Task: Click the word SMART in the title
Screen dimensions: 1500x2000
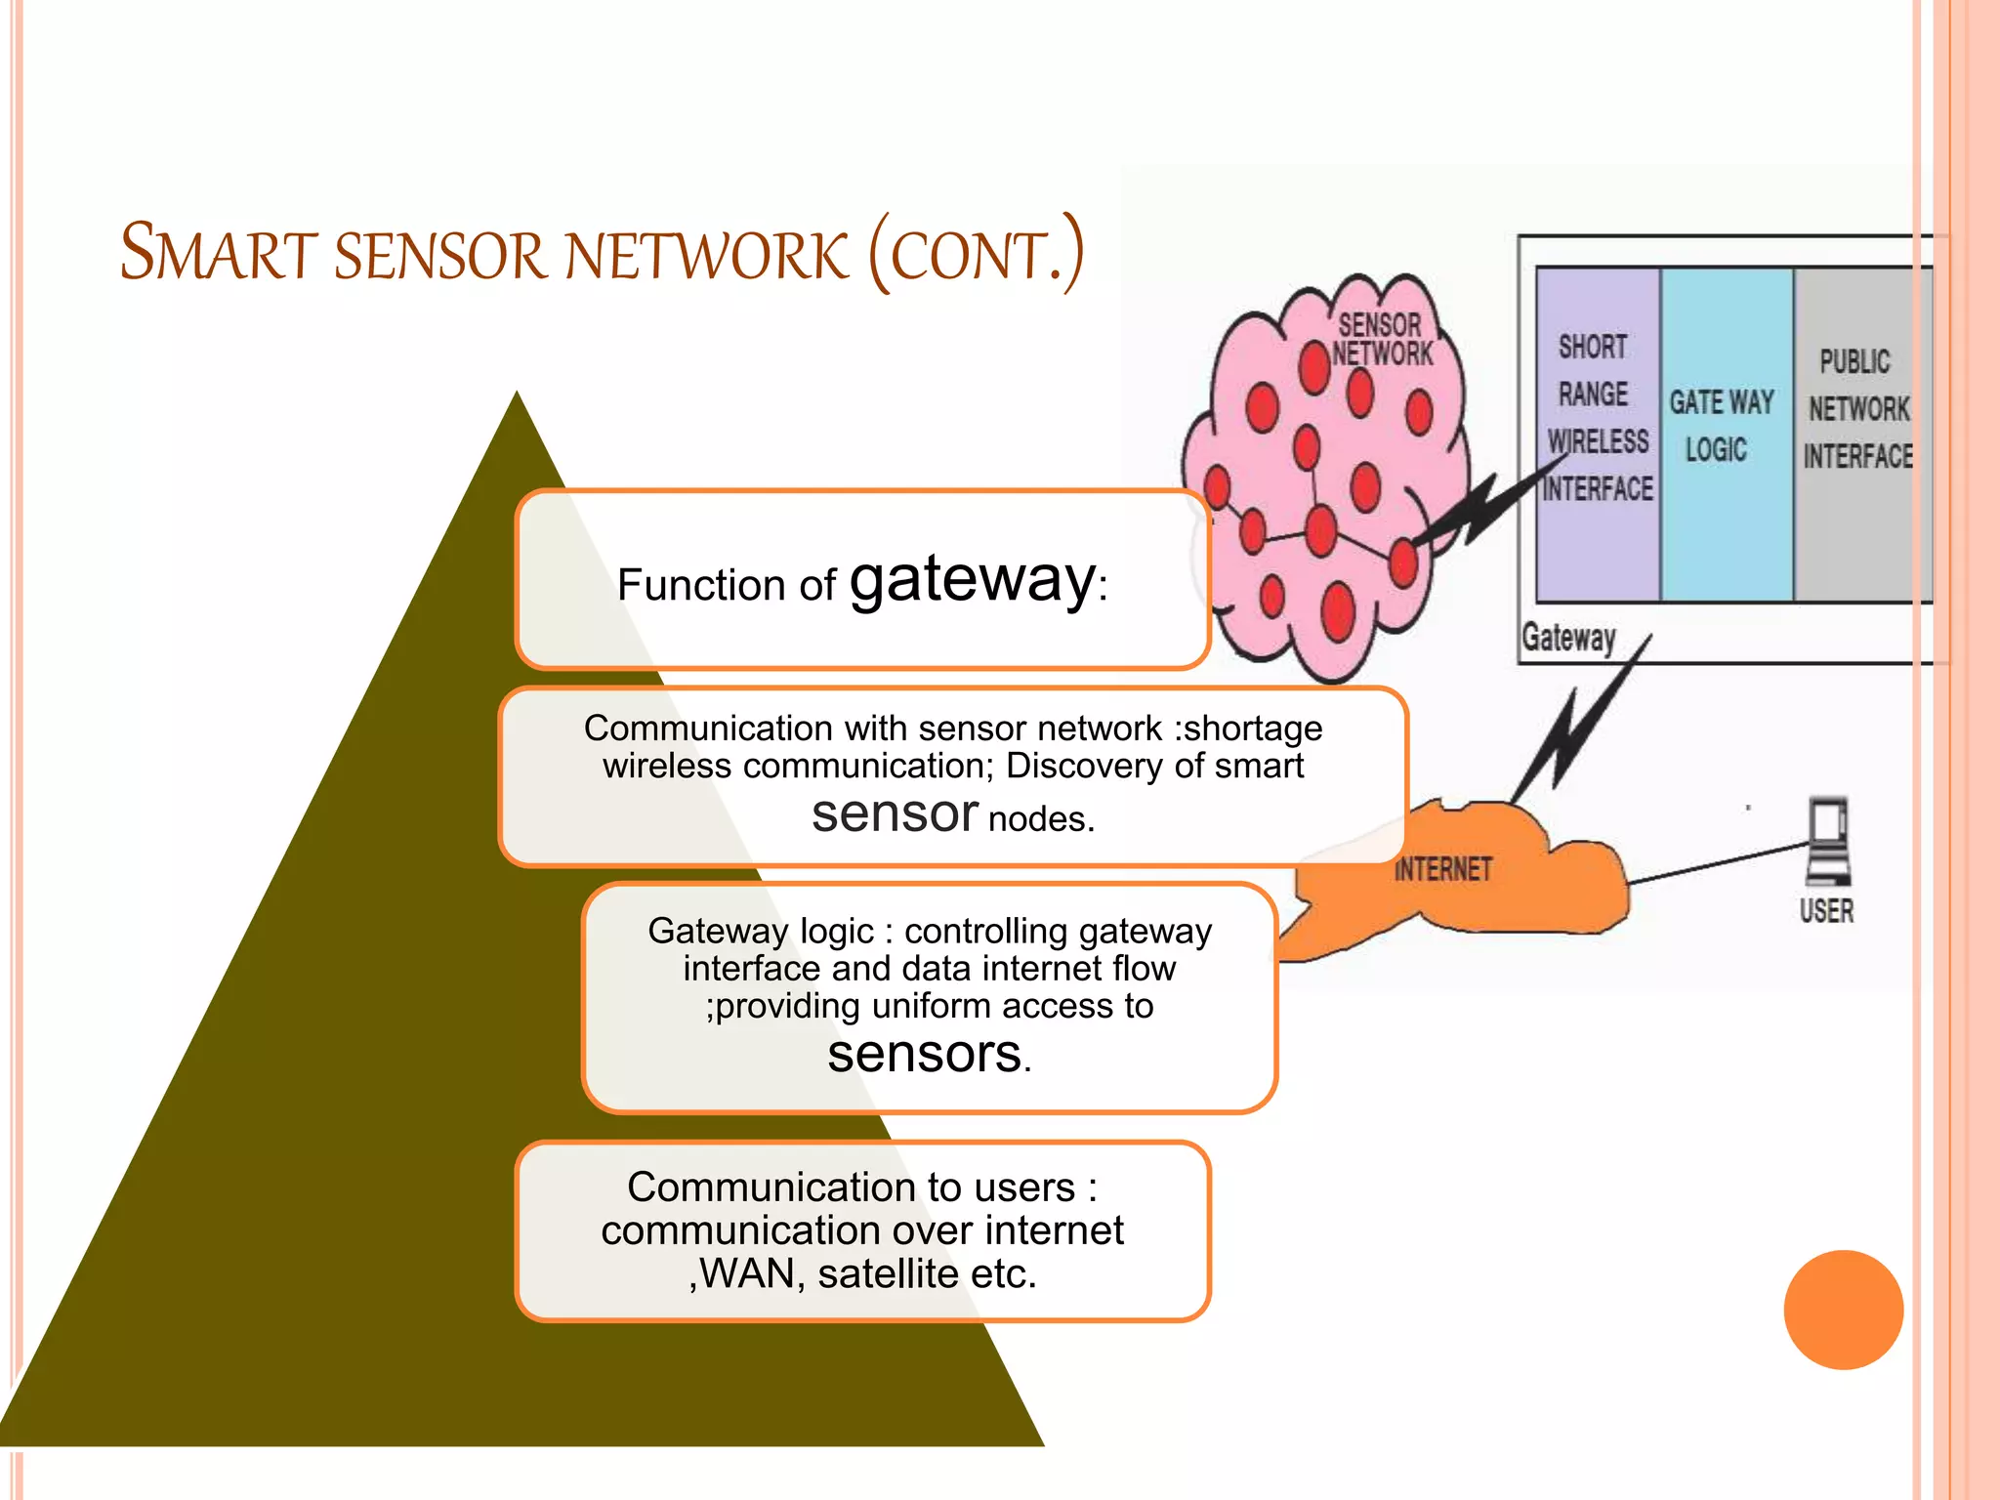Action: [219, 253]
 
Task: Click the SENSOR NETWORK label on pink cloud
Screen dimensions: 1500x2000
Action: [1382, 339]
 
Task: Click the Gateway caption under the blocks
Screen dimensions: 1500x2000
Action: [1568, 638]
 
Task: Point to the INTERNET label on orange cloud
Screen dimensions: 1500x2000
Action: [1442, 868]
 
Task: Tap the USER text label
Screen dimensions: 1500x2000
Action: [1826, 911]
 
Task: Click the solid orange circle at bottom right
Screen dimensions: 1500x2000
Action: [1843, 1310]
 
